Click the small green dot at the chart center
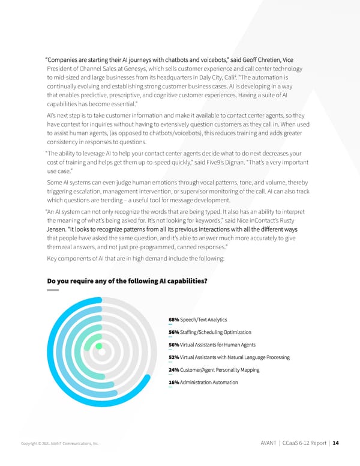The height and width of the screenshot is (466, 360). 99,346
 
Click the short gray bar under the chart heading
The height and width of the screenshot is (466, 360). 53,291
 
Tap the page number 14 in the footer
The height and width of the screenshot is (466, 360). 335,444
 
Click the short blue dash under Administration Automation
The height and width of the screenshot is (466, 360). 170,387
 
